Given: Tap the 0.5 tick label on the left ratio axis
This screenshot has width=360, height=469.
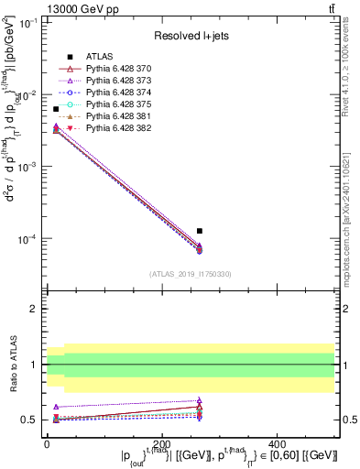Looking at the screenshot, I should point(32,420).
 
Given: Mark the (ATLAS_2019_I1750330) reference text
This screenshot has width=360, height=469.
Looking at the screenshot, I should point(191,274).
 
